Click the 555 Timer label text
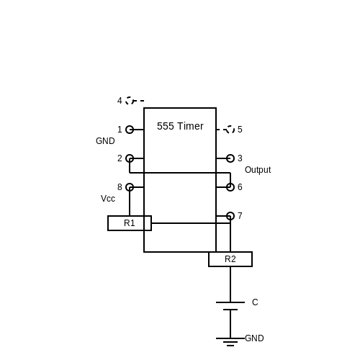pos(180,126)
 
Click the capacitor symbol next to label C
pos(230,306)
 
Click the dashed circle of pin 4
pos(126,101)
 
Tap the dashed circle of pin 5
pos(234,130)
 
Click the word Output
pos(258,170)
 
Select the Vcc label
pos(108,199)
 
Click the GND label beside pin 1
pos(105,141)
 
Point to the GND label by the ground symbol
pos(254,338)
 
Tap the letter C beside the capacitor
pos(255,302)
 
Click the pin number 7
pos(240,216)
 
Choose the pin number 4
pos(120,101)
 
